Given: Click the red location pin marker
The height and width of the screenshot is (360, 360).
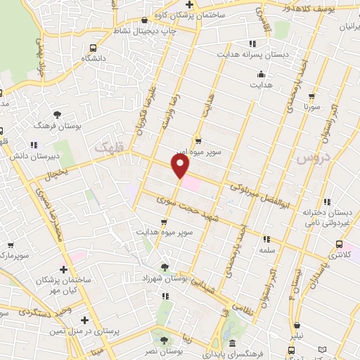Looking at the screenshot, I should point(181,166).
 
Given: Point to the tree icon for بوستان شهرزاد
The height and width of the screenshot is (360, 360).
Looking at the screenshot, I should point(165,267).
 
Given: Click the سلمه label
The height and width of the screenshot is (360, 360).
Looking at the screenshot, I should point(266,250).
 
